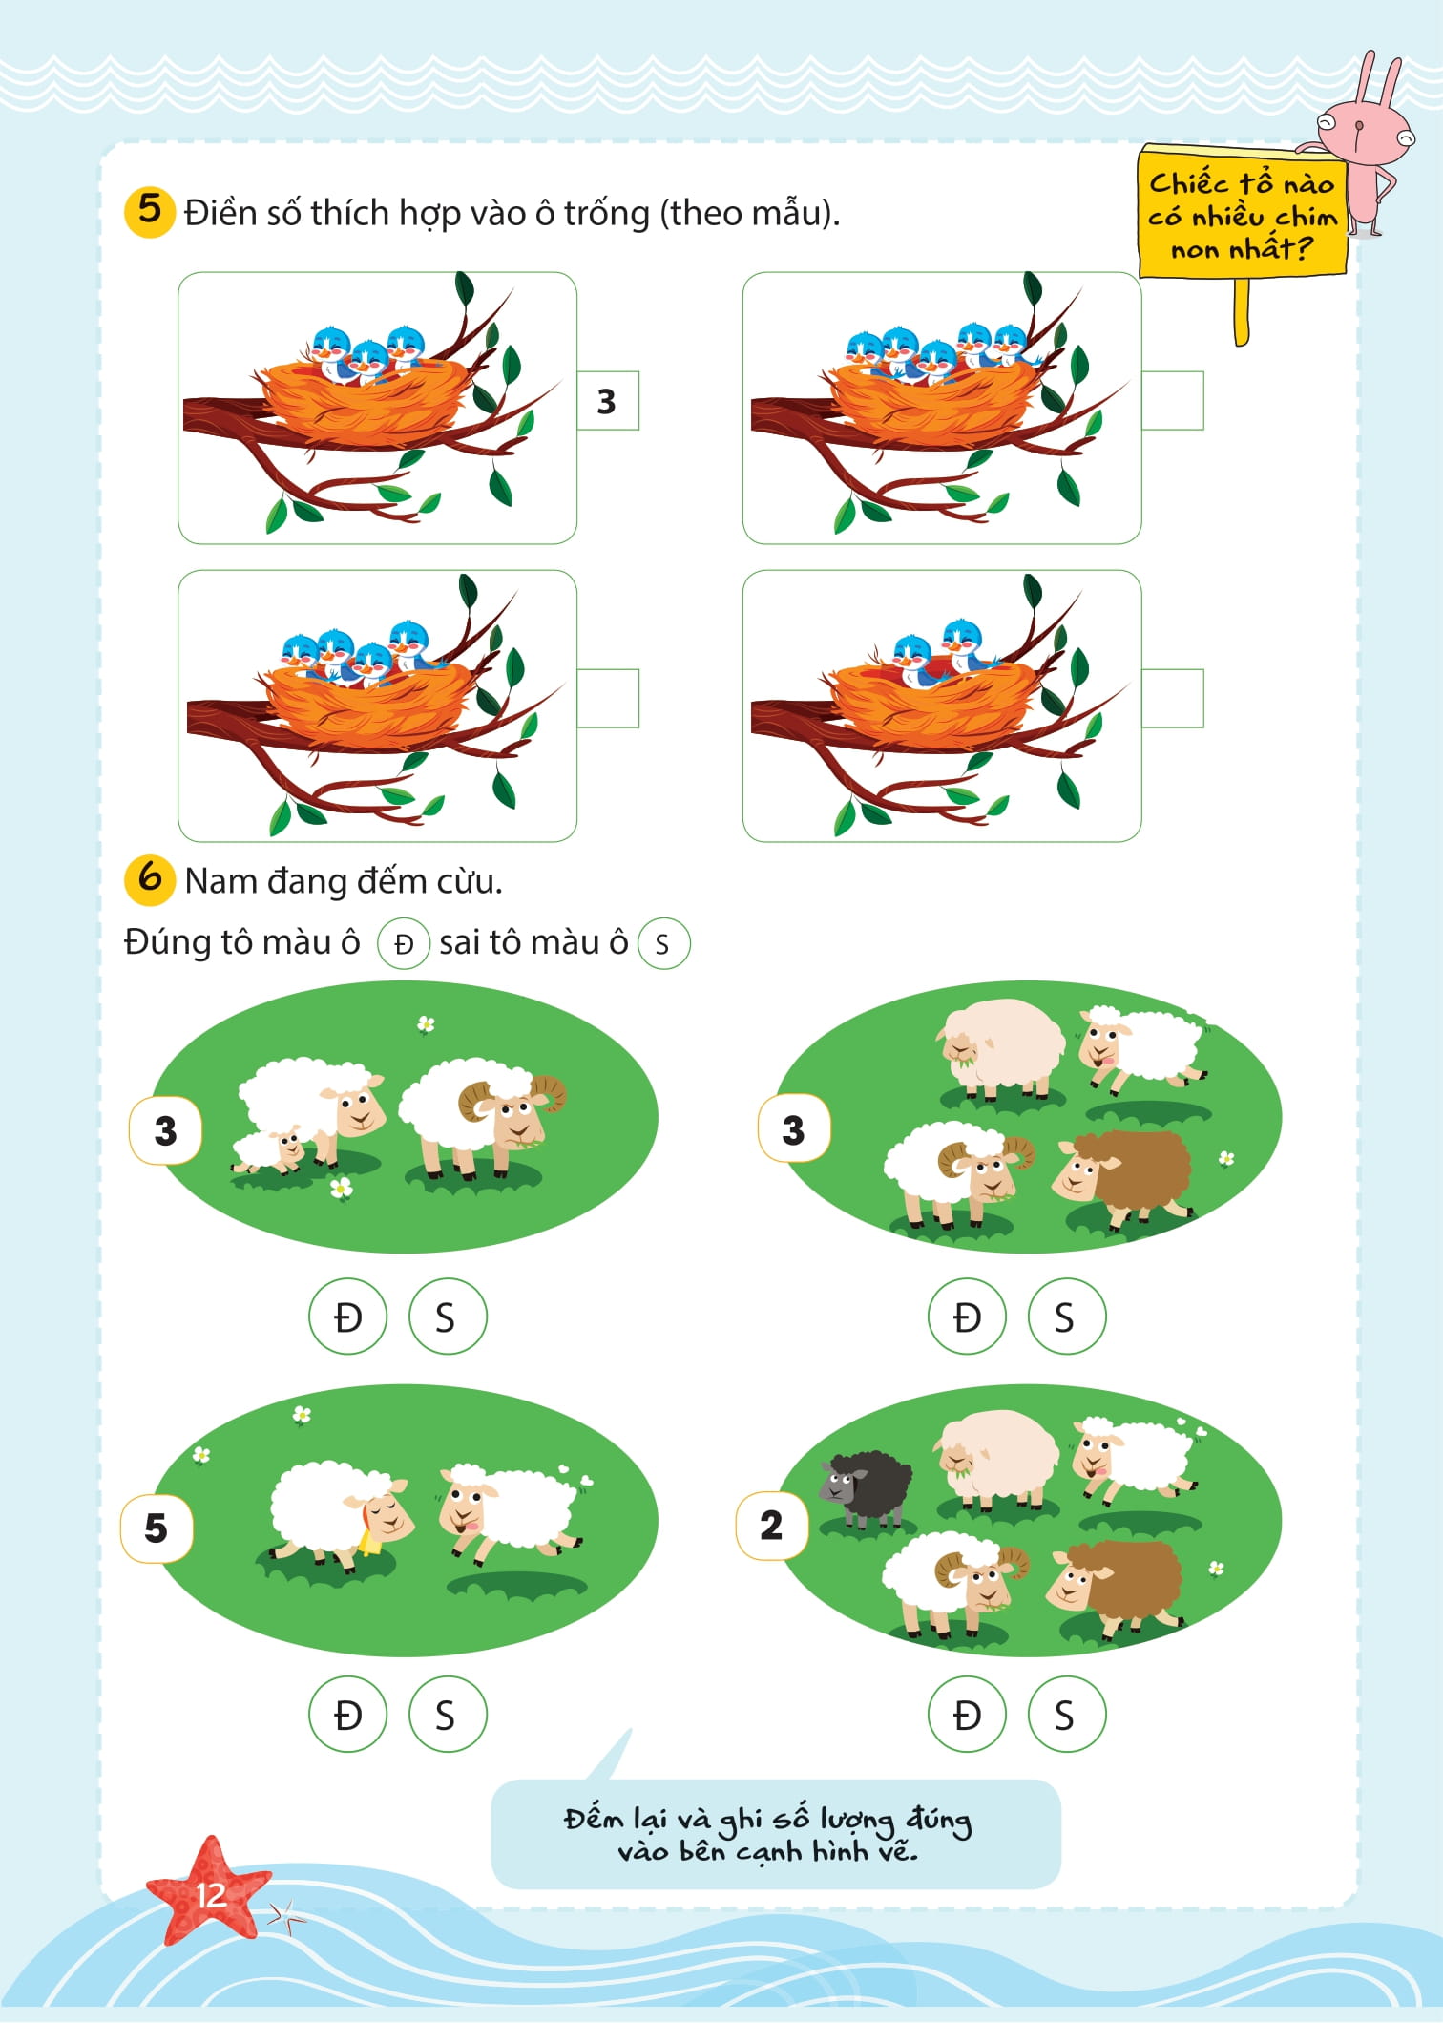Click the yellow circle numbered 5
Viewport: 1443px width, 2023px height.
coord(149,210)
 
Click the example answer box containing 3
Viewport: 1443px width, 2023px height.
coord(607,401)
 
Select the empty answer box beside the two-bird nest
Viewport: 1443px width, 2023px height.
coord(1172,699)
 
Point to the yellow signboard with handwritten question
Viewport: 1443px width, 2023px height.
coord(1241,215)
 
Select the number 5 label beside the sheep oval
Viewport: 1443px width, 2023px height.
coord(157,1528)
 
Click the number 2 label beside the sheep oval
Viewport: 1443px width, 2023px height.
coord(771,1525)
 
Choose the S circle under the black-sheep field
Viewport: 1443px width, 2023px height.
coord(1066,1716)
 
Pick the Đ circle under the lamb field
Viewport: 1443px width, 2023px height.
coord(347,1317)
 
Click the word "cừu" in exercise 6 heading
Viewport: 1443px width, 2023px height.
coord(469,881)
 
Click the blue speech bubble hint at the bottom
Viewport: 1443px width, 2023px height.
coord(775,1835)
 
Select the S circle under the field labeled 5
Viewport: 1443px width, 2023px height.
coord(447,1716)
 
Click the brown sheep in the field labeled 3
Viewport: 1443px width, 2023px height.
coord(1126,1176)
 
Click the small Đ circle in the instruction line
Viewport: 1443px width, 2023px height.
coord(404,944)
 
